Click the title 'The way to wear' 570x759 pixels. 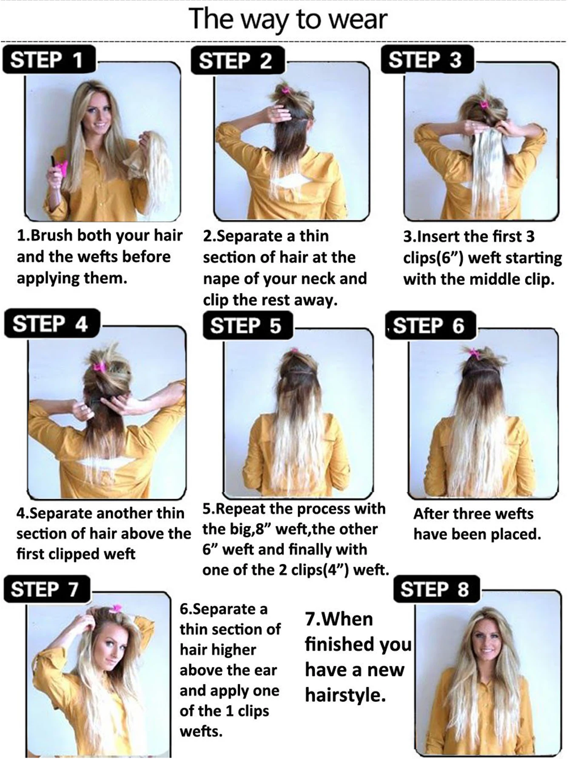pos(288,19)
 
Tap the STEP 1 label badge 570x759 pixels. pos(49,60)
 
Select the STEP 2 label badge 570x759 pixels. pos(237,61)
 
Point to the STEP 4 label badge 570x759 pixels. pos(52,324)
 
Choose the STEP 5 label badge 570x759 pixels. pos(248,325)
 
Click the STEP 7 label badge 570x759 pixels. pos(47,589)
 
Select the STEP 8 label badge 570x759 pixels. pos(436,589)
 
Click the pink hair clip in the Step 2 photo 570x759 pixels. pos(284,89)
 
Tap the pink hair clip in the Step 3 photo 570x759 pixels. pos(483,104)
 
